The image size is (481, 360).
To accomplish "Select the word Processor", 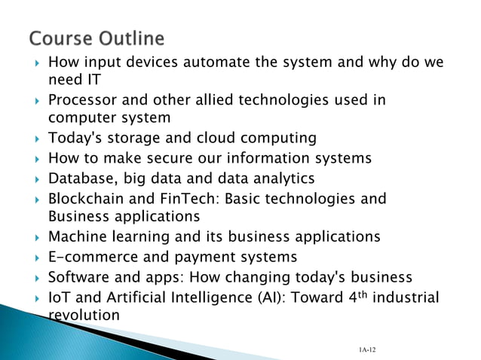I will (81, 99).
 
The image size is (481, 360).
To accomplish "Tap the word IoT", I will (59, 297).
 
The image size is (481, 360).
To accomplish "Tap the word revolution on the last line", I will (83, 315).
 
